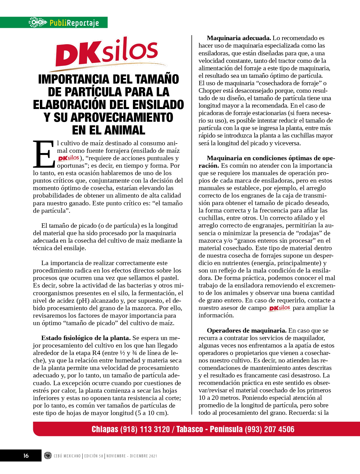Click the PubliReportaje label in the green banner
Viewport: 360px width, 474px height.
(x=74, y=23)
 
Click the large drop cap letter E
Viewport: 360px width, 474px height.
(x=43, y=154)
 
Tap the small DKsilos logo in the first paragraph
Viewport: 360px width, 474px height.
(x=68, y=158)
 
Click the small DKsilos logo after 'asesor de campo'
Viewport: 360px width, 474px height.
(x=279, y=308)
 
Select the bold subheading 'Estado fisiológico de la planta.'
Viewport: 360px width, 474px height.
(x=86, y=338)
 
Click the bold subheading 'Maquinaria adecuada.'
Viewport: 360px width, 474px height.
(x=239, y=38)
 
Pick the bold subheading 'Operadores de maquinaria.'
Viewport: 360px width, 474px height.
(x=246, y=330)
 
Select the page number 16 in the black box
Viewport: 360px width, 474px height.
(x=26, y=455)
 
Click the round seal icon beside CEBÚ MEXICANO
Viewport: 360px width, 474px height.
(x=48, y=455)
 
